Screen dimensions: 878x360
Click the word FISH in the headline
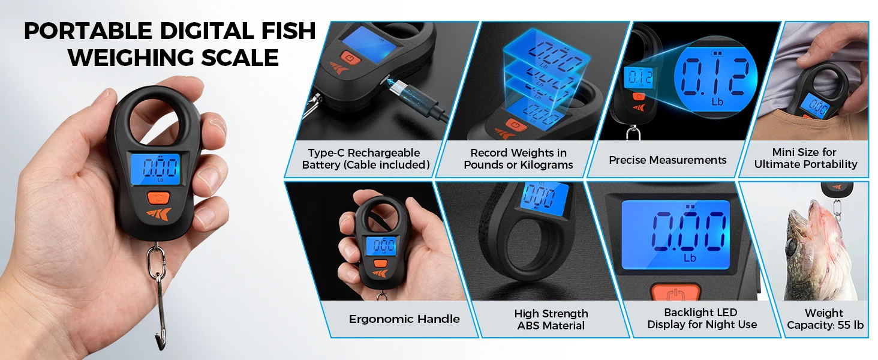(x=288, y=31)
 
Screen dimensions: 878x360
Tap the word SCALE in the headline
(x=239, y=58)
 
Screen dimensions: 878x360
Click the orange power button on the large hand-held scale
(x=158, y=197)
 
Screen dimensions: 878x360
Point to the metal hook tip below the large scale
(x=160, y=344)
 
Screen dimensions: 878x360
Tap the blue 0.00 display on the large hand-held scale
(x=155, y=169)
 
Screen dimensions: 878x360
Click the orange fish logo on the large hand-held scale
(x=159, y=214)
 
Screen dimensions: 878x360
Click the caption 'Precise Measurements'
(x=667, y=160)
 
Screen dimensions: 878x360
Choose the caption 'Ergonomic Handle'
(x=404, y=319)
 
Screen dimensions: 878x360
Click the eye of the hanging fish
(x=790, y=246)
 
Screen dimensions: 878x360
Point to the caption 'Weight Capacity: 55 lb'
(x=825, y=319)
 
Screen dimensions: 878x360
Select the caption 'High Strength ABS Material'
(x=551, y=319)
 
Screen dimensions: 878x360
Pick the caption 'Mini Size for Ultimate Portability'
(x=805, y=158)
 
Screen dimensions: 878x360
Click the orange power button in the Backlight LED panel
(x=675, y=293)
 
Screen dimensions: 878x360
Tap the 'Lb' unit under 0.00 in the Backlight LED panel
(x=690, y=258)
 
